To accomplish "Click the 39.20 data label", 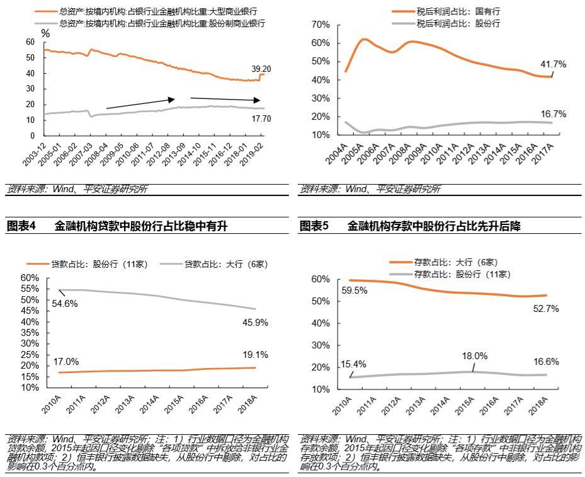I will coord(261,69).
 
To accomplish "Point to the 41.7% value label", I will coord(553,64).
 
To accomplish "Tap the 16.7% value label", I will coord(553,114).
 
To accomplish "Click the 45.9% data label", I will coord(255,322).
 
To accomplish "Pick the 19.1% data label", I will coord(255,354).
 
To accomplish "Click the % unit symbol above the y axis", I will coord(45,33).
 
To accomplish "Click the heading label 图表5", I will coord(314,226).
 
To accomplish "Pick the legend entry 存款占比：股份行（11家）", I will coord(462,274).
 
